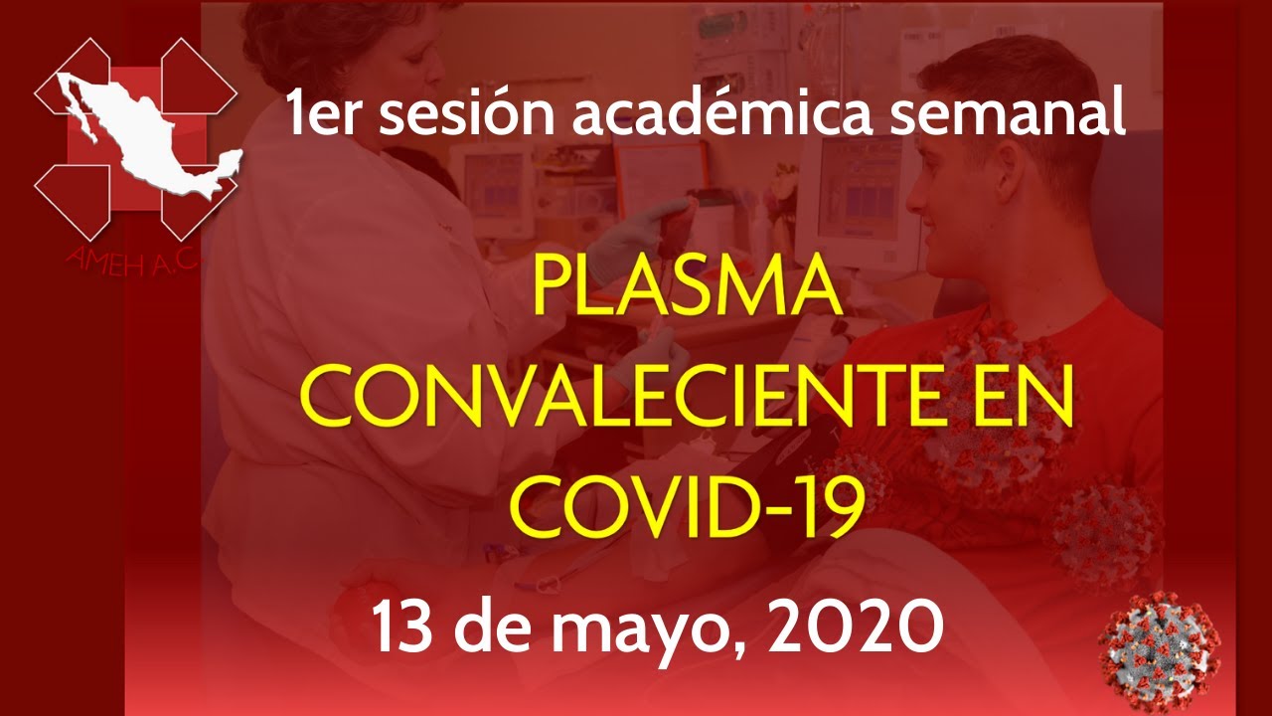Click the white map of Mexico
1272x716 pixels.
pyautogui.click(x=149, y=135)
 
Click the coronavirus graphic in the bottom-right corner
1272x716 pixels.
pyautogui.click(x=1160, y=651)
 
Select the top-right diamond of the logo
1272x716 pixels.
pyautogui.click(x=198, y=77)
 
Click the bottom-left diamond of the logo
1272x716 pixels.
pyautogui.click(x=73, y=202)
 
